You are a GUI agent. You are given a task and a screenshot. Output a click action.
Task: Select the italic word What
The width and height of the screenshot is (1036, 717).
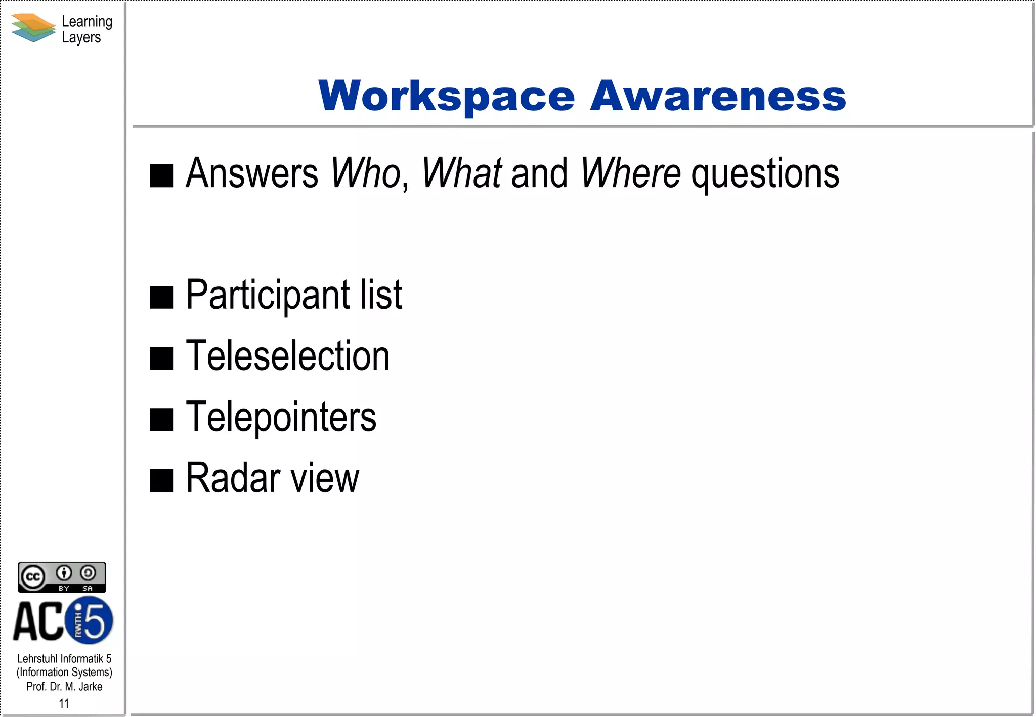point(462,173)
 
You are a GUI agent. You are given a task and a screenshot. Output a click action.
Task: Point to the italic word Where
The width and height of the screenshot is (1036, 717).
point(630,173)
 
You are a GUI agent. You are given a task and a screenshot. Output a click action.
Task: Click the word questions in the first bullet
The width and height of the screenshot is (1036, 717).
point(765,174)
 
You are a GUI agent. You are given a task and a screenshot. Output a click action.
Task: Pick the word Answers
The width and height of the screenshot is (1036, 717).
point(252,173)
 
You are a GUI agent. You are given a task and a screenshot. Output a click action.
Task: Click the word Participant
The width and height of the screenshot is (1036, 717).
point(268,295)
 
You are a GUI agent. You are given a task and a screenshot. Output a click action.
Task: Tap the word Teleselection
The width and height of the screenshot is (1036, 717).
point(288,356)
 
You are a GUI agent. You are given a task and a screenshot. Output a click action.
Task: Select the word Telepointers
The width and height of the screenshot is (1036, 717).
point(281,418)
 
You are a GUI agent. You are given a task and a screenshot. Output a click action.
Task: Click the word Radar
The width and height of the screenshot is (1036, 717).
point(233,478)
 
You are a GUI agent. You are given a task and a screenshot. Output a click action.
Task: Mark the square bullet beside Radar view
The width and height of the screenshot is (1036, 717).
point(162,480)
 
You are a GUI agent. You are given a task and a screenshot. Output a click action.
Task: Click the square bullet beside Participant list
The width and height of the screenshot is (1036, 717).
point(162,297)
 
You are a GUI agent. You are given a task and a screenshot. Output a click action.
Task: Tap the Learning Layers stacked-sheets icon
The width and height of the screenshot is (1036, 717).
point(33,28)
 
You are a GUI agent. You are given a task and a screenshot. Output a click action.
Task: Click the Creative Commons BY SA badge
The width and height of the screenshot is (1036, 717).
point(62,577)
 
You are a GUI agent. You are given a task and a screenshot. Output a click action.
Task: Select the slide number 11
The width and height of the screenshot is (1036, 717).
point(64,703)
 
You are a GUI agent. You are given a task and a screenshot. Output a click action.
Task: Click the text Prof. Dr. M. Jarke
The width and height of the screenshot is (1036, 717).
point(64,687)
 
